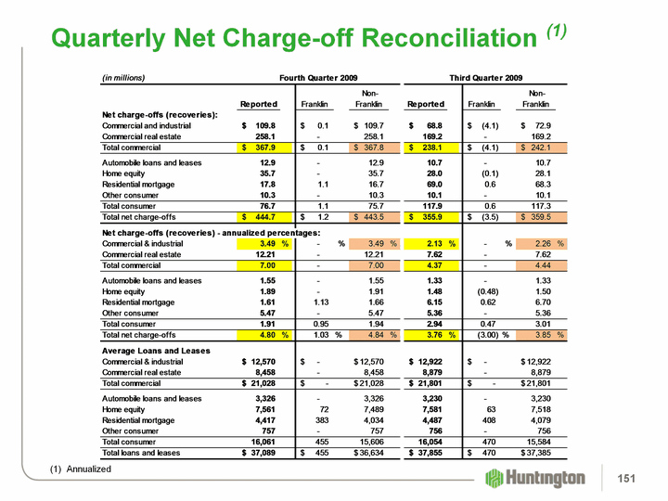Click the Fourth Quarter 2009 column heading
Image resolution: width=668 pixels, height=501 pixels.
[x=319, y=77]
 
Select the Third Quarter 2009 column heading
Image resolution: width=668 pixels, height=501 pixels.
[x=486, y=77]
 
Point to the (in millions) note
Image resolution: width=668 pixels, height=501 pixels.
[x=123, y=77]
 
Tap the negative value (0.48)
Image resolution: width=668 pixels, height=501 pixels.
[x=489, y=290]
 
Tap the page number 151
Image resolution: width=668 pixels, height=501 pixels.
[x=627, y=478]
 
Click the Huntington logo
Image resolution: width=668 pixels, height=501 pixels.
[x=536, y=478]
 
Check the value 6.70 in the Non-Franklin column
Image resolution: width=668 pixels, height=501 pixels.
[x=543, y=302]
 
